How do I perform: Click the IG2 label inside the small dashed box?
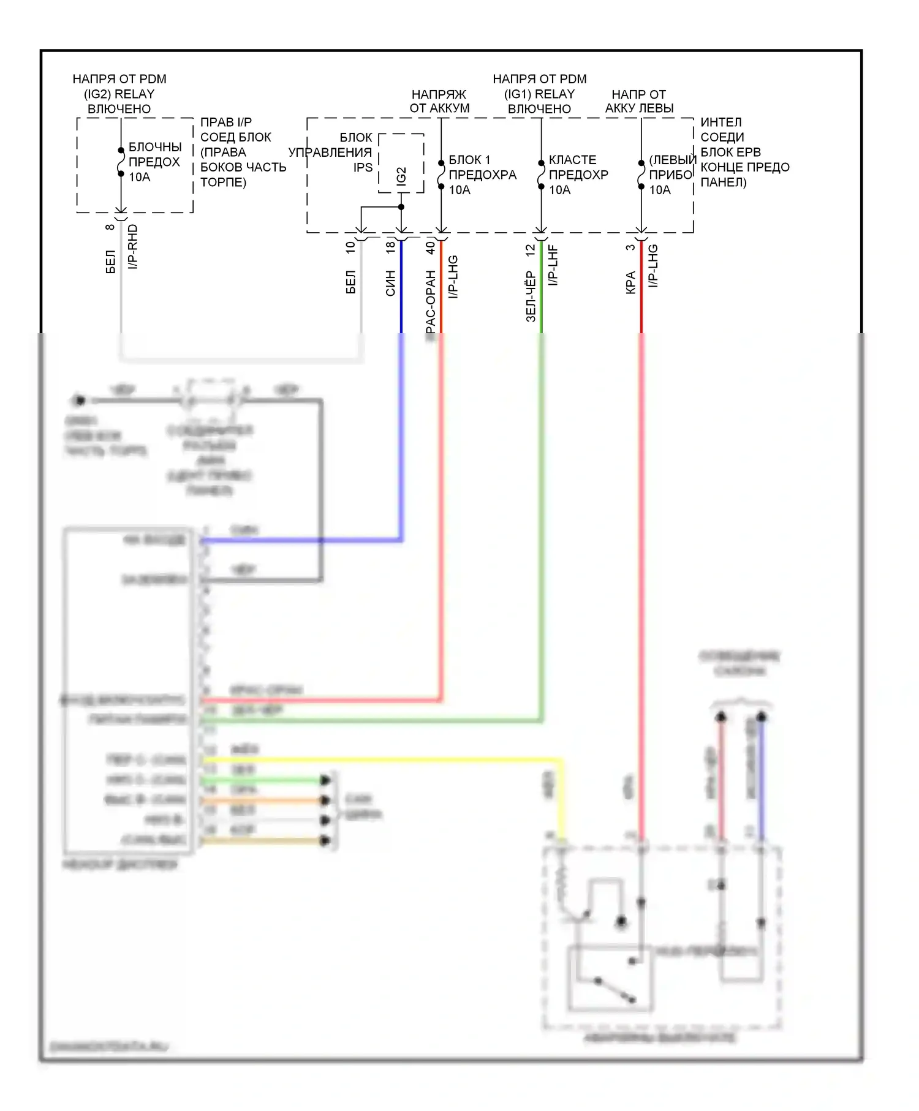(x=401, y=176)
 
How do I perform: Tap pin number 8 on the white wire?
(x=110, y=227)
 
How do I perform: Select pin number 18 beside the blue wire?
(x=390, y=247)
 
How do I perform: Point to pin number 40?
(x=430, y=247)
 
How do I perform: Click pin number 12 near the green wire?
(x=531, y=249)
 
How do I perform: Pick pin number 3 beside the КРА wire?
(x=630, y=247)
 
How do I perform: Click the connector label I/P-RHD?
(x=133, y=247)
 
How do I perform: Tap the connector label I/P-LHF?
(x=553, y=265)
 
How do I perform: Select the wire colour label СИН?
(x=390, y=284)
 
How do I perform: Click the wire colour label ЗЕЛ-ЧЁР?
(x=531, y=297)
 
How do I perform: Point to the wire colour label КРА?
(x=630, y=283)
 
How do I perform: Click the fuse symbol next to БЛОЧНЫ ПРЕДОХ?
(x=121, y=162)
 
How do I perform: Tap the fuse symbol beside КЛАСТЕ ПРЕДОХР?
(x=541, y=175)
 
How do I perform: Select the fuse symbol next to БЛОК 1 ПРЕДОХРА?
(x=441, y=175)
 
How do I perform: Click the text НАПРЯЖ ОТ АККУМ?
(x=439, y=101)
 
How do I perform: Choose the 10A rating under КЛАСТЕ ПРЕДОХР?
(x=559, y=190)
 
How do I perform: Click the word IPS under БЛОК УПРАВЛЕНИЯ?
(x=363, y=167)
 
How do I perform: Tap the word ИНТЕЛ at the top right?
(x=720, y=122)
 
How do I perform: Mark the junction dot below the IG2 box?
(x=401, y=207)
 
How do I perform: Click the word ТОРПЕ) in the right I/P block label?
(x=223, y=182)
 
